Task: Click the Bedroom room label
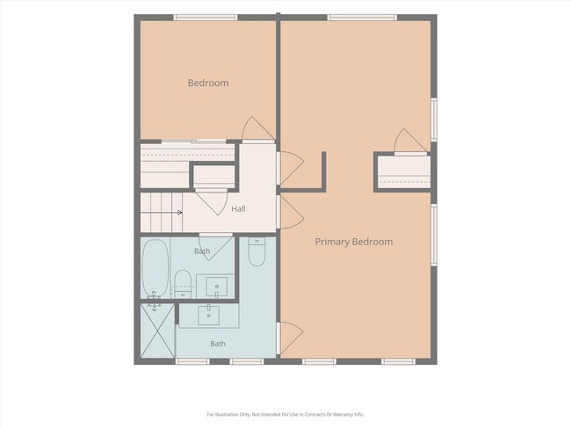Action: pyautogui.click(x=208, y=83)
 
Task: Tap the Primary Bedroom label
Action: pyautogui.click(x=354, y=242)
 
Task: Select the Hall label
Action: pyautogui.click(x=238, y=209)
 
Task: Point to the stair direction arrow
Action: pyautogui.click(x=162, y=213)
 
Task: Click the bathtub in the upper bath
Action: pyautogui.click(x=155, y=268)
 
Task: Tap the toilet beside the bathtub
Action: pyautogui.click(x=183, y=284)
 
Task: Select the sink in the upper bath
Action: pyautogui.click(x=217, y=287)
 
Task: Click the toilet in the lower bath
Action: pyautogui.click(x=257, y=251)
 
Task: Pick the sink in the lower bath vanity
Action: pyautogui.click(x=209, y=316)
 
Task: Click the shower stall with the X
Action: pyautogui.click(x=157, y=331)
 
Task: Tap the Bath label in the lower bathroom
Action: pyautogui.click(x=218, y=344)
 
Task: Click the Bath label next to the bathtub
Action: pyautogui.click(x=202, y=251)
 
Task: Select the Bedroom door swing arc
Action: pyautogui.click(x=257, y=128)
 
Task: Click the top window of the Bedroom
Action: pyautogui.click(x=206, y=18)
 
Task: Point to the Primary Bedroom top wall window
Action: pyautogui.click(x=362, y=18)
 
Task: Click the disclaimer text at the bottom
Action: pyautogui.click(x=285, y=414)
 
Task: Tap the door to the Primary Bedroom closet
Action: pyautogui.click(x=410, y=142)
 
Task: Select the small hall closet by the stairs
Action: pyautogui.click(x=213, y=177)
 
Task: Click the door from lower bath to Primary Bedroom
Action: pyautogui.click(x=290, y=338)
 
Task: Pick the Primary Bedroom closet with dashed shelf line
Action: pyautogui.click(x=404, y=172)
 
